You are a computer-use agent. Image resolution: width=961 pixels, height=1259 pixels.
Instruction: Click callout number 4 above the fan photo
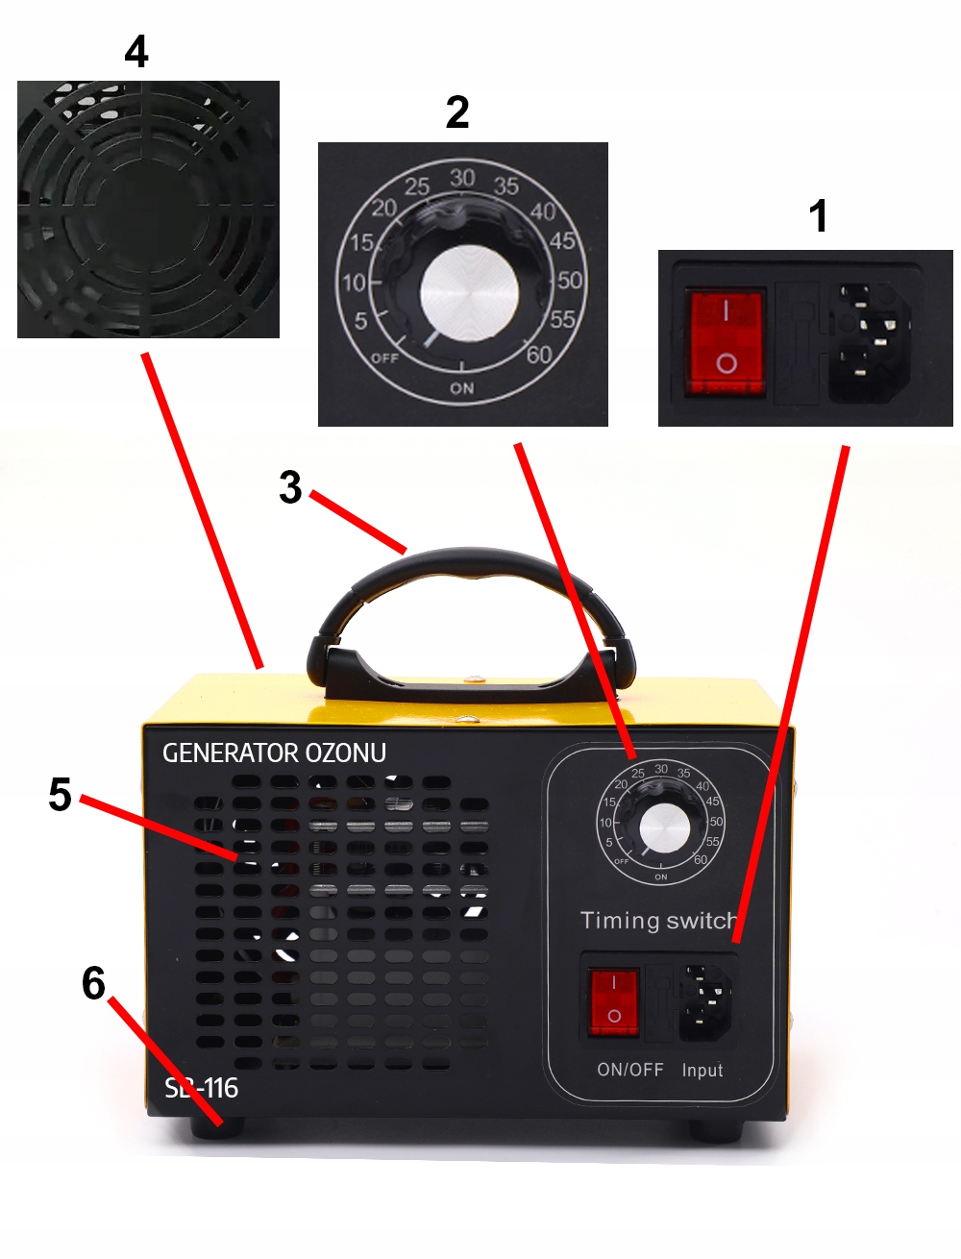click(x=136, y=52)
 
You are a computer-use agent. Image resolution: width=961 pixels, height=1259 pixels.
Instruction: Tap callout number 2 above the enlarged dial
click(x=457, y=112)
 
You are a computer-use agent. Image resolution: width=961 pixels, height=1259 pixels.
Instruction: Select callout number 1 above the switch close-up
click(x=818, y=216)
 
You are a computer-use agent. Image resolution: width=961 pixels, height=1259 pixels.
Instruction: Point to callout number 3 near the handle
click(x=290, y=487)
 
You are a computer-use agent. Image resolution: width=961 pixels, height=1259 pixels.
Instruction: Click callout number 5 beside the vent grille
click(x=60, y=795)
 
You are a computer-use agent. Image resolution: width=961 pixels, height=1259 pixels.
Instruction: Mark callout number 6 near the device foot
click(x=93, y=983)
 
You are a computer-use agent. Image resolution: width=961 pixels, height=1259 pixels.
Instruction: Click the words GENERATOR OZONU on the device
click(x=274, y=753)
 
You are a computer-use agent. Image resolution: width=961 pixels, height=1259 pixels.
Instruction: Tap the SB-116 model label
click(x=201, y=1088)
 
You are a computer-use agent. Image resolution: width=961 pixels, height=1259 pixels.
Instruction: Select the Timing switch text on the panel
click(x=658, y=921)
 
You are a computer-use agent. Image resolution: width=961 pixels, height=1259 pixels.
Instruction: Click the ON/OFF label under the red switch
click(x=629, y=1070)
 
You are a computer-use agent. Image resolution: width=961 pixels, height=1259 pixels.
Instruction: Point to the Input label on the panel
click(x=702, y=1070)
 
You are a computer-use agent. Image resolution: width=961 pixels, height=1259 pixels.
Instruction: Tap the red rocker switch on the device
click(x=614, y=1002)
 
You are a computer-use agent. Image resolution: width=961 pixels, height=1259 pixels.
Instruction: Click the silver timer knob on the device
click(x=664, y=827)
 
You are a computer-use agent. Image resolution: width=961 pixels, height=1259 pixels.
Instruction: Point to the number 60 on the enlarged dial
click(x=539, y=355)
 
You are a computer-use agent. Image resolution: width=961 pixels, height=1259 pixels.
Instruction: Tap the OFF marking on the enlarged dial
click(x=384, y=358)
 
